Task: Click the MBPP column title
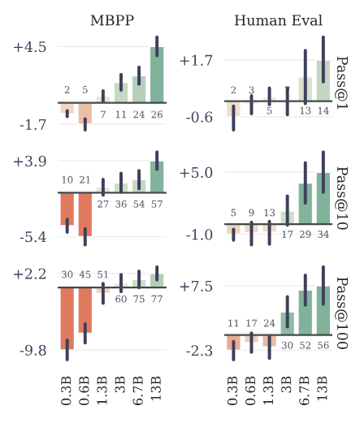coord(112,19)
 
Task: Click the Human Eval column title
coord(278,19)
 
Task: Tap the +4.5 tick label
coord(30,47)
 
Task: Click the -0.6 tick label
coord(197,117)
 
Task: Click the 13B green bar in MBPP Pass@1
coord(157,75)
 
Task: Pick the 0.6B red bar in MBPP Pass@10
coord(85,214)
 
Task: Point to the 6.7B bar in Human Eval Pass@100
coord(305,313)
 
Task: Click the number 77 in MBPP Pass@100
coord(157,299)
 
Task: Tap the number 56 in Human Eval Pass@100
coord(323,344)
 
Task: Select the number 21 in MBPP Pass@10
coord(85,179)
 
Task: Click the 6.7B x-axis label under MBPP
coord(139,390)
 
